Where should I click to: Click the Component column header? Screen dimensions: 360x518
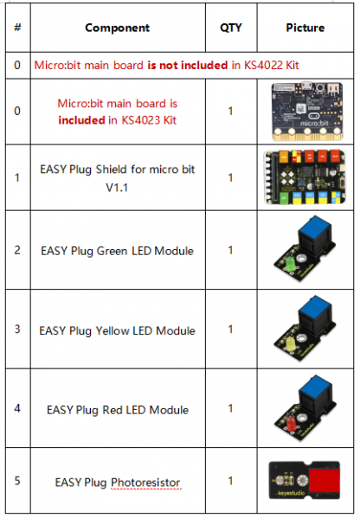point(118,28)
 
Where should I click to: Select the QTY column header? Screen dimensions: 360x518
point(231,28)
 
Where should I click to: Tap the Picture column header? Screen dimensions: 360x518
point(305,28)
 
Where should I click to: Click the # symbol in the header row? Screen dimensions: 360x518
point(17,27)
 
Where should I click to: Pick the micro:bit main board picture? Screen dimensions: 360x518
point(306,112)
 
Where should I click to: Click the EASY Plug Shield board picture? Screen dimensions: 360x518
point(305,177)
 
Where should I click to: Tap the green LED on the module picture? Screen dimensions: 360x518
point(290,265)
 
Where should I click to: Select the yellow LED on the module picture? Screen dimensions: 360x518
point(291,344)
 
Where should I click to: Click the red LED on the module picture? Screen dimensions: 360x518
point(291,423)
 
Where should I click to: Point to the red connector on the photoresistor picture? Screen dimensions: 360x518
point(325,481)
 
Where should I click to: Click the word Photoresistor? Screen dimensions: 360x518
point(145,483)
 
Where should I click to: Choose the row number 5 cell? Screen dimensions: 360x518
point(17,480)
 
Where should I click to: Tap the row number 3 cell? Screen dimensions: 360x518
point(17,329)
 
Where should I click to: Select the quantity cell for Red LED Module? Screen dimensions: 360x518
point(231,408)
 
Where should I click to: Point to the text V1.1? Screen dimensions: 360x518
point(117,188)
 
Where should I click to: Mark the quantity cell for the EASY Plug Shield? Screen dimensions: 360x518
point(231,177)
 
